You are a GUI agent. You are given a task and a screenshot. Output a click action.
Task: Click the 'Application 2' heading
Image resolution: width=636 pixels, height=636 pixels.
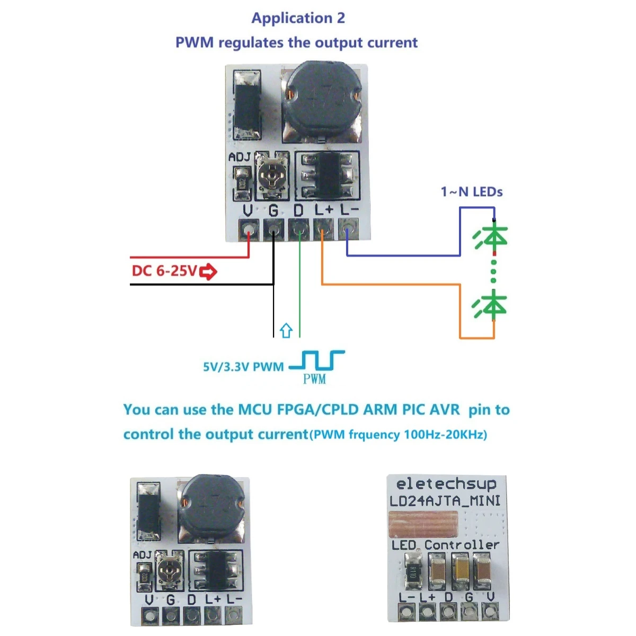click(298, 18)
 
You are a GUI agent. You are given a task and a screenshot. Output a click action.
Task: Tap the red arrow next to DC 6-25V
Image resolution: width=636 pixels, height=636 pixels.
click(208, 272)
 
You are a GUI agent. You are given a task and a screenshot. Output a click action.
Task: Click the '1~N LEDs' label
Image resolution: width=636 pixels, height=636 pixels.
click(471, 192)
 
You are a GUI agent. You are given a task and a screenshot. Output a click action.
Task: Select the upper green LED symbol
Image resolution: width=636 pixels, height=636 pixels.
click(491, 236)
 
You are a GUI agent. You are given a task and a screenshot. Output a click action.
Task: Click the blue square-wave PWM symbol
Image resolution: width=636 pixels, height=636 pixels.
click(317, 360)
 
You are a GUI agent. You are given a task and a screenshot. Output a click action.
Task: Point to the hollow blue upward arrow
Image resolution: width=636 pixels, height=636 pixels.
click(286, 330)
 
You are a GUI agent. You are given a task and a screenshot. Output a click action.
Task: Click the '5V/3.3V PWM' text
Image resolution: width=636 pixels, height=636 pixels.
click(243, 367)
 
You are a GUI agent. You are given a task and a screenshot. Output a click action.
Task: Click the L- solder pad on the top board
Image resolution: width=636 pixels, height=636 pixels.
click(347, 230)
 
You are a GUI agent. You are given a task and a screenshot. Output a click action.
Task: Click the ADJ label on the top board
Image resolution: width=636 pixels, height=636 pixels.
click(239, 157)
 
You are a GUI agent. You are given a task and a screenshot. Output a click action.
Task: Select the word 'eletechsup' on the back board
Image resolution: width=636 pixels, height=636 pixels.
click(446, 483)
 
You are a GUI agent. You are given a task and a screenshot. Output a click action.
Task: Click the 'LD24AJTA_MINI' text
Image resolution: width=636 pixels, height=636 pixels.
click(445, 501)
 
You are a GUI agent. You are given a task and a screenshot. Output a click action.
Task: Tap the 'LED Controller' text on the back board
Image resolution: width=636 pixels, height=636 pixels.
click(445, 545)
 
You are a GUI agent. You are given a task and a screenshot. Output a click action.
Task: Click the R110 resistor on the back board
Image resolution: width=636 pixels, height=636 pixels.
click(414, 571)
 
